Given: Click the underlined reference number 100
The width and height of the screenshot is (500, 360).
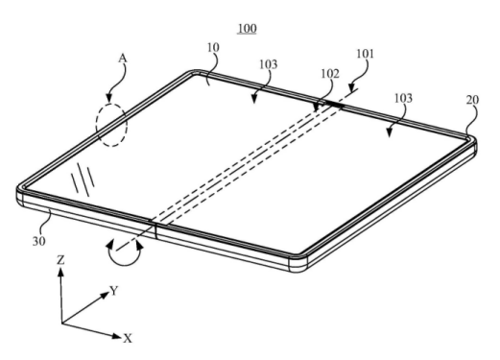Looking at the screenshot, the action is click(247, 29).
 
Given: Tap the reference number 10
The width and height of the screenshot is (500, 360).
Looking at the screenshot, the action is click(213, 47).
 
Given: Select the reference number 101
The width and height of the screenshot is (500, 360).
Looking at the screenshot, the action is click(365, 54).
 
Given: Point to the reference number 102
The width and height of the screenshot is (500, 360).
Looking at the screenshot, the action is click(330, 74).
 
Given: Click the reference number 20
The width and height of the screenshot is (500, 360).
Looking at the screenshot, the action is click(472, 100).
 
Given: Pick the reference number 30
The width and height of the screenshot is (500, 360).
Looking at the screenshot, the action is click(39, 241).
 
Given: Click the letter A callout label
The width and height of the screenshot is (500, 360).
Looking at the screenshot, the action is click(123, 59).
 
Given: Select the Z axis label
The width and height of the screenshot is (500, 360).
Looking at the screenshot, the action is click(60, 260).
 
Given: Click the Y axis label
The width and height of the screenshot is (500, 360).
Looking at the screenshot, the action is click(114, 291).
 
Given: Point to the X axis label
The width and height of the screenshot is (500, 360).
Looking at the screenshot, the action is click(128, 338).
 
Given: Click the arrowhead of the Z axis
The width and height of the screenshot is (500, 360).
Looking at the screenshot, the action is click(60, 272).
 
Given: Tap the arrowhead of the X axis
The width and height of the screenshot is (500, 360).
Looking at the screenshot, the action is click(117, 336).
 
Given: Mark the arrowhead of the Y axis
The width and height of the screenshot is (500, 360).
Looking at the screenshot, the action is click(106, 295).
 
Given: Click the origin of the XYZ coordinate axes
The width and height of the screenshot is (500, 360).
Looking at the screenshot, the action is click(61, 324).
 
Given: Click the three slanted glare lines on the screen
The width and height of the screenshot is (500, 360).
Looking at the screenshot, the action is click(83, 179).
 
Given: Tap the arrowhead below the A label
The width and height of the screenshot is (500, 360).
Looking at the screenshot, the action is click(109, 98).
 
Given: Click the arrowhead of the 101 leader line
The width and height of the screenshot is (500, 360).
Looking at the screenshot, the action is click(351, 87).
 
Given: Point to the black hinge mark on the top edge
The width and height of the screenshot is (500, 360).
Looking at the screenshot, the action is click(334, 104).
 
